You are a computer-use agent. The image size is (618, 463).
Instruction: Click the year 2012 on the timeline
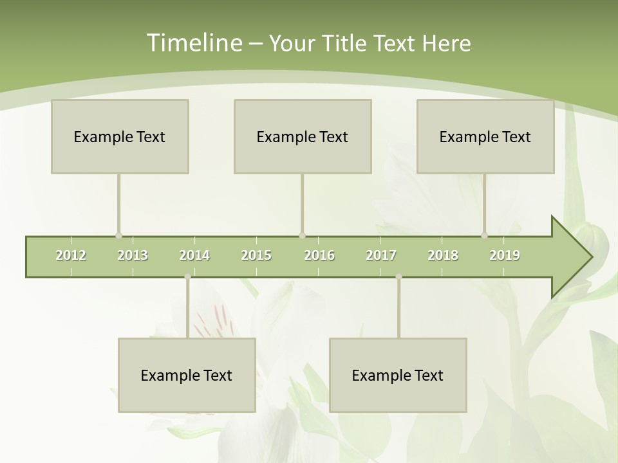click(x=71, y=255)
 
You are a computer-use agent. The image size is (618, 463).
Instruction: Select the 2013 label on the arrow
click(x=133, y=255)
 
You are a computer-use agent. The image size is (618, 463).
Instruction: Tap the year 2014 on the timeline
click(x=194, y=255)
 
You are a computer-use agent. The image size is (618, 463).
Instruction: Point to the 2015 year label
click(x=256, y=255)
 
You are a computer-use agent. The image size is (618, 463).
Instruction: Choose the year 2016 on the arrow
click(x=319, y=255)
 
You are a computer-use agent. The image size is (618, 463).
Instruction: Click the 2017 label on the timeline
click(x=381, y=255)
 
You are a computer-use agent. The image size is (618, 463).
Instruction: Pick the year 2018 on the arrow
click(x=443, y=255)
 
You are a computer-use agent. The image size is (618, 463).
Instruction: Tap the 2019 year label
click(x=505, y=255)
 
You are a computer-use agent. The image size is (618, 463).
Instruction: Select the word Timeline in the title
click(x=193, y=43)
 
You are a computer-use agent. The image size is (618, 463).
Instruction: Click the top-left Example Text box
click(x=120, y=136)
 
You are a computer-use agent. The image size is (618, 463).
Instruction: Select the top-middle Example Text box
click(x=303, y=136)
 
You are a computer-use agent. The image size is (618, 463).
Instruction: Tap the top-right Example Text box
click(x=485, y=136)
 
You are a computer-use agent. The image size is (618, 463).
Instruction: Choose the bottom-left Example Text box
click(x=187, y=375)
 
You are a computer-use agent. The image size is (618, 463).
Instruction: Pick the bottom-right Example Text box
click(x=398, y=375)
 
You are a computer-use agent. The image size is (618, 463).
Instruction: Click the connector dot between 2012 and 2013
click(x=118, y=236)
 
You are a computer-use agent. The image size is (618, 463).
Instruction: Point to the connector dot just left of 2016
click(x=303, y=236)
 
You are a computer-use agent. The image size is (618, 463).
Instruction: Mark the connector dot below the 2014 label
click(x=187, y=277)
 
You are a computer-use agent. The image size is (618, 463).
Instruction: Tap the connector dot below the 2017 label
click(x=398, y=277)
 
